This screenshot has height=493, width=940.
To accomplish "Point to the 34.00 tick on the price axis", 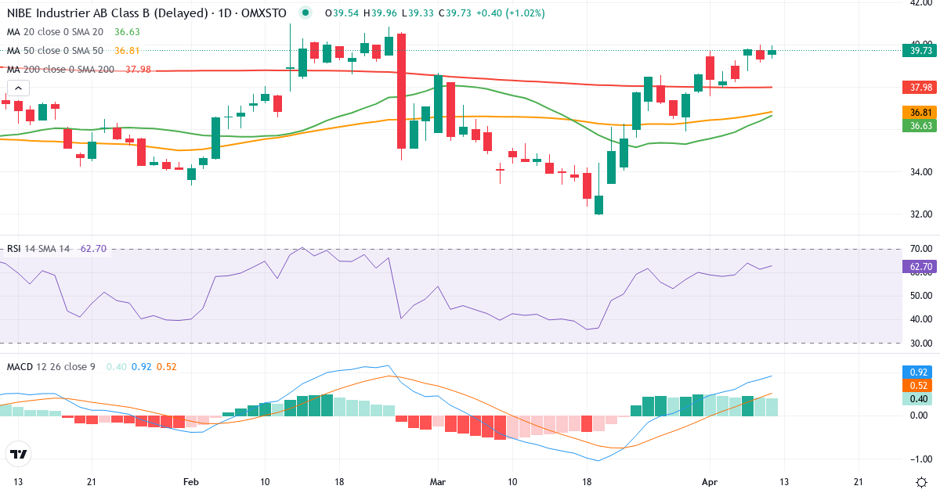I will click(920, 172).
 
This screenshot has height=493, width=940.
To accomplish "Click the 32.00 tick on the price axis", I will click(920, 214).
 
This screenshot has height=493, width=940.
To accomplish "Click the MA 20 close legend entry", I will click(56, 32).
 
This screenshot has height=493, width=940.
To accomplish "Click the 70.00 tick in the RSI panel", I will click(920, 249).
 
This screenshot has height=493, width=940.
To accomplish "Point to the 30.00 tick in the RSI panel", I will click(920, 343).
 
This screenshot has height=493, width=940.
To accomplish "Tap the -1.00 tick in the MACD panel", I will click(920, 459).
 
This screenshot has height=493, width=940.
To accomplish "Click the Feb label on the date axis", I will click(190, 481).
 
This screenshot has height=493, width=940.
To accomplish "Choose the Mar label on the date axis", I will click(437, 481).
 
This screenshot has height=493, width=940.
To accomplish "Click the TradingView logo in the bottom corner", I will click(19, 455).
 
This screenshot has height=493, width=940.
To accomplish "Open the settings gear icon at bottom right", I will click(921, 481).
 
